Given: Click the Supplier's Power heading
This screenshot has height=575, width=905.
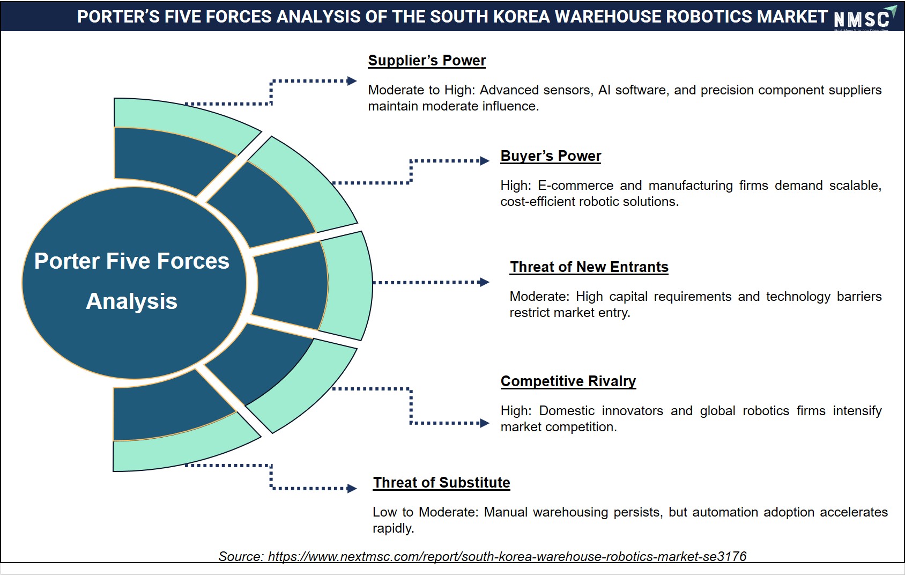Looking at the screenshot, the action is pos(427,61).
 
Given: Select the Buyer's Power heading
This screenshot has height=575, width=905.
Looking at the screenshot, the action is pos(551,156).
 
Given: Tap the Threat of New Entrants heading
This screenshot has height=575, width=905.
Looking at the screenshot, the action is pos(589,267).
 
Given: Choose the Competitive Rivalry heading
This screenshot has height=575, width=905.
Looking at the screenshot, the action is pos(568,381).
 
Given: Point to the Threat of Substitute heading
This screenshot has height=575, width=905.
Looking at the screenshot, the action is pos(441,482).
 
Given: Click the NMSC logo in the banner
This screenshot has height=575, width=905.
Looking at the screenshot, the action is pos(865,18).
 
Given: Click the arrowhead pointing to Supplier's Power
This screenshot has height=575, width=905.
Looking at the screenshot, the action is pos(352,81).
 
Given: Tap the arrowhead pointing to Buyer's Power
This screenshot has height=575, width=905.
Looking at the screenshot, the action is pos(485,161).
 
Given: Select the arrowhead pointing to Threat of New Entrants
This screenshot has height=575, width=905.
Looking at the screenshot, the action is pos(484,282).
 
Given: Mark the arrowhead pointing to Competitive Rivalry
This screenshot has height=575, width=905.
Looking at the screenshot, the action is pos(485,423).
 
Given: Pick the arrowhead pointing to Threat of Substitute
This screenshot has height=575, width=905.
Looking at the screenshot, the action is pos(352,489).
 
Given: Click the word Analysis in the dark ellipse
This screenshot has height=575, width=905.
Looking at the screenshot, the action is pos(132,301).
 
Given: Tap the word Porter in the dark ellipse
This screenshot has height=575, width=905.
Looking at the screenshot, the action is pos(67,261).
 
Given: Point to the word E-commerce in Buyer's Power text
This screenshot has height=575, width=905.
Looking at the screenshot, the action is pos(575,186).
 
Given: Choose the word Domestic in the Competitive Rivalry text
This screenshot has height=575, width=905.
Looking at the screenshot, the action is pos(567,411).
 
